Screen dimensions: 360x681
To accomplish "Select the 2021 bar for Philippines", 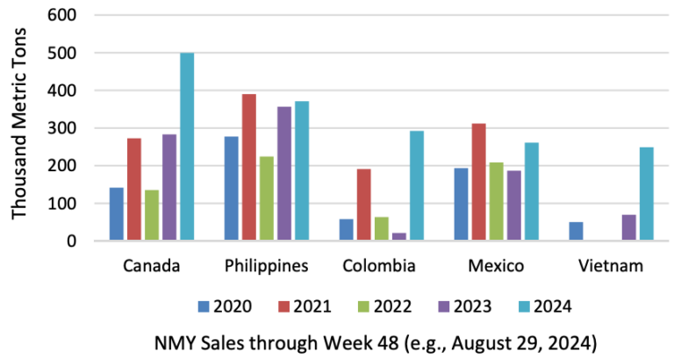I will click(249, 167).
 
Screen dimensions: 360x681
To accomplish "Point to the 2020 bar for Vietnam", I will click(576, 231).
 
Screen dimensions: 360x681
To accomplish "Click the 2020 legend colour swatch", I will click(203, 306).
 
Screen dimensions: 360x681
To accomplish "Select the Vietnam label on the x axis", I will click(612, 265).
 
